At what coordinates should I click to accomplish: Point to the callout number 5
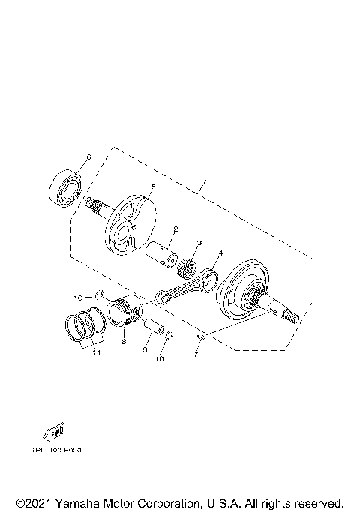tap(153, 187)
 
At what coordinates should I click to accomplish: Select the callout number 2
tap(175, 229)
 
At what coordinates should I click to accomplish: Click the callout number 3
tap(199, 243)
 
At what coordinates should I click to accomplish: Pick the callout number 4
tap(220, 254)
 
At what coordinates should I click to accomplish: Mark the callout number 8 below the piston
tap(122, 341)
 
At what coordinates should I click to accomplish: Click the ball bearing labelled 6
tap(65, 187)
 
